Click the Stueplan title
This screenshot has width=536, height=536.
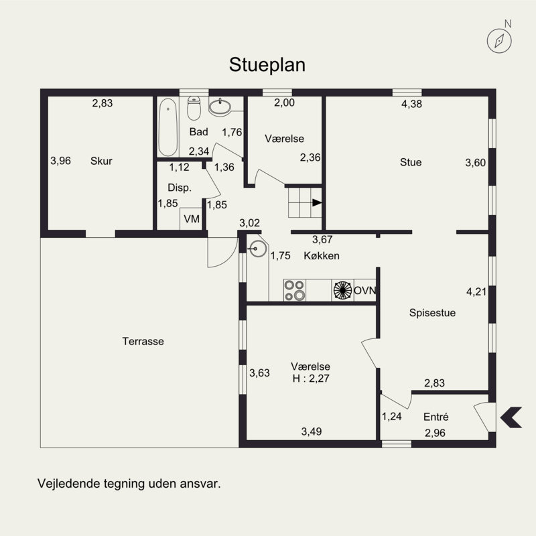pos(267,65)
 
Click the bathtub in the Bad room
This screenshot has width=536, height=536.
pos(168,127)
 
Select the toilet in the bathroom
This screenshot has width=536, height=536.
pos(194,108)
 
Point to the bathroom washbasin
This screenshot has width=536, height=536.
pos(220,107)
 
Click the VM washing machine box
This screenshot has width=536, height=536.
pos(191,219)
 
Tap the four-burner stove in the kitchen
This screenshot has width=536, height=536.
pos(295,290)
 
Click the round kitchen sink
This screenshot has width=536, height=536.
pos(257,248)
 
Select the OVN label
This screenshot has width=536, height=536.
pos(364,291)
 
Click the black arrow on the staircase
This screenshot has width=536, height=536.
pos(317,203)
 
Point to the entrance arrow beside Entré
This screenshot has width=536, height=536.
pos(511,417)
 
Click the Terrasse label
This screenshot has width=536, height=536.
pos(143,341)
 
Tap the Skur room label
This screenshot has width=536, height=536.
pos(101,161)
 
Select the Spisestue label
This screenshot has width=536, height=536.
pos(432,313)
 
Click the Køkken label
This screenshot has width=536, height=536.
pos(322,256)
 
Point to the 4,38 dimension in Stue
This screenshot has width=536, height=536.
pos(411,104)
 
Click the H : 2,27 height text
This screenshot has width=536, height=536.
pos(311,379)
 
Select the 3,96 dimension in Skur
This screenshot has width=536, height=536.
pos(60,161)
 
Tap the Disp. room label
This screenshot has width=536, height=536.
pos(180,188)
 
